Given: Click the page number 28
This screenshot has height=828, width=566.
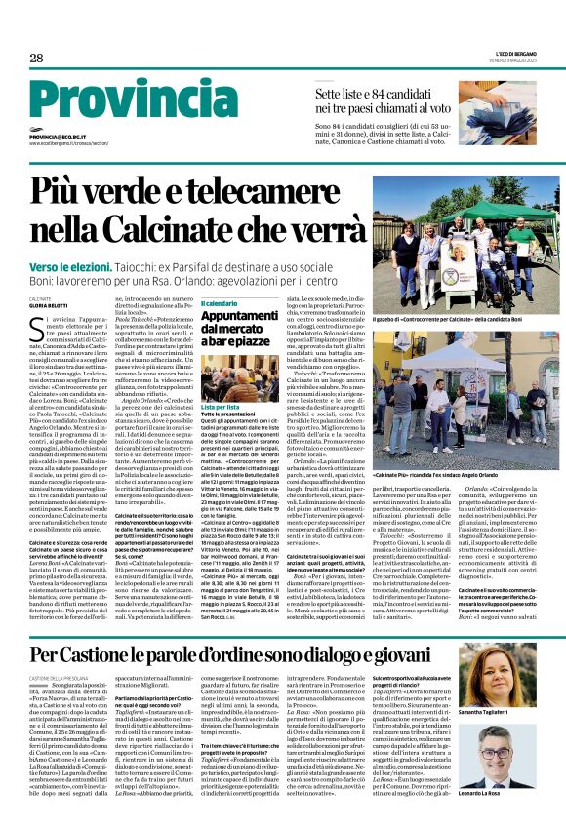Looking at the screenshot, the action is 36,59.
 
